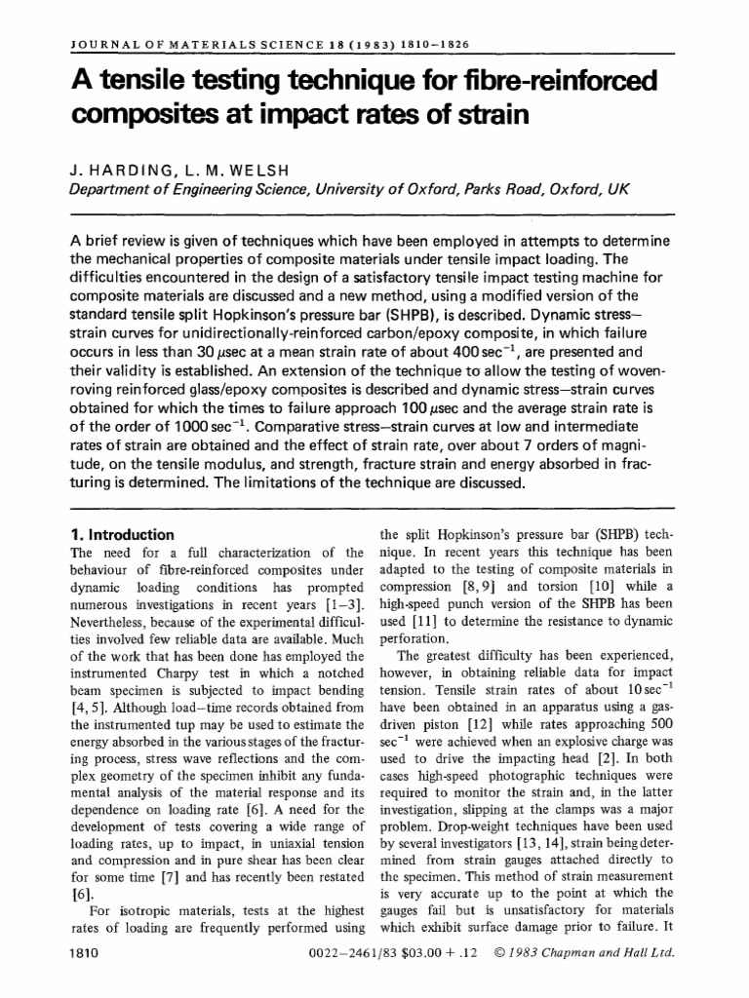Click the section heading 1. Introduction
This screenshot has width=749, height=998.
coord(122,535)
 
